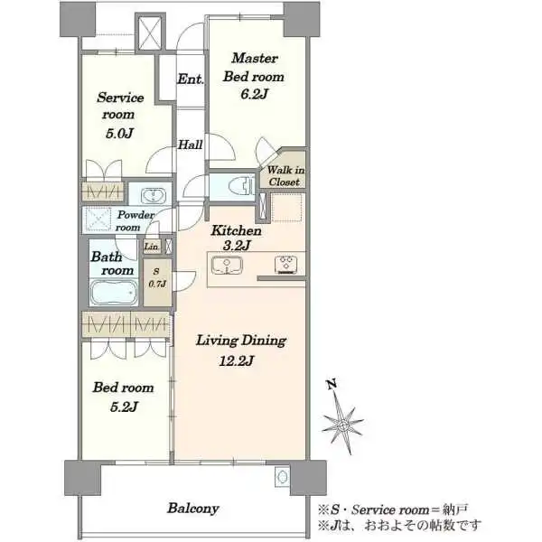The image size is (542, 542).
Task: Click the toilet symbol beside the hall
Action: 241,187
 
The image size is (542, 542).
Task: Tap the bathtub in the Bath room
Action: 114,293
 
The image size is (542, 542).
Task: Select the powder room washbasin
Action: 153,196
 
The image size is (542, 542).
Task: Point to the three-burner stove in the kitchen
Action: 286,265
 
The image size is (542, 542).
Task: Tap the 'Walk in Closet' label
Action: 285,175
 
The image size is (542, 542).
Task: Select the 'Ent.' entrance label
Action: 190,79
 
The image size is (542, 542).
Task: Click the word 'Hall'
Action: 190,145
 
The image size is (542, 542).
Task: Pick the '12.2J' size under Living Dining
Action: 237,360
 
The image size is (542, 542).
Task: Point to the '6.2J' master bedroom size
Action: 254,94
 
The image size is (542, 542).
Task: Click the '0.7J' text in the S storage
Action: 157,284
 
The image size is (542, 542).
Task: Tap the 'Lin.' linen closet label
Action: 152,247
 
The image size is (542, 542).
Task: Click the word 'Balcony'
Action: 193,508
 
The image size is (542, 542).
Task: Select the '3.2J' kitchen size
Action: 237,246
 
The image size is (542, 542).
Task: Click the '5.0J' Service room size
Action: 119,134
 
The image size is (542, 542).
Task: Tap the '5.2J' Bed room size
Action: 124,406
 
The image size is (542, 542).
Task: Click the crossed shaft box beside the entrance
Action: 150,33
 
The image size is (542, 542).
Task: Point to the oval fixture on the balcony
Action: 283,477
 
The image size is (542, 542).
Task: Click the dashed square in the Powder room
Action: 98,219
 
